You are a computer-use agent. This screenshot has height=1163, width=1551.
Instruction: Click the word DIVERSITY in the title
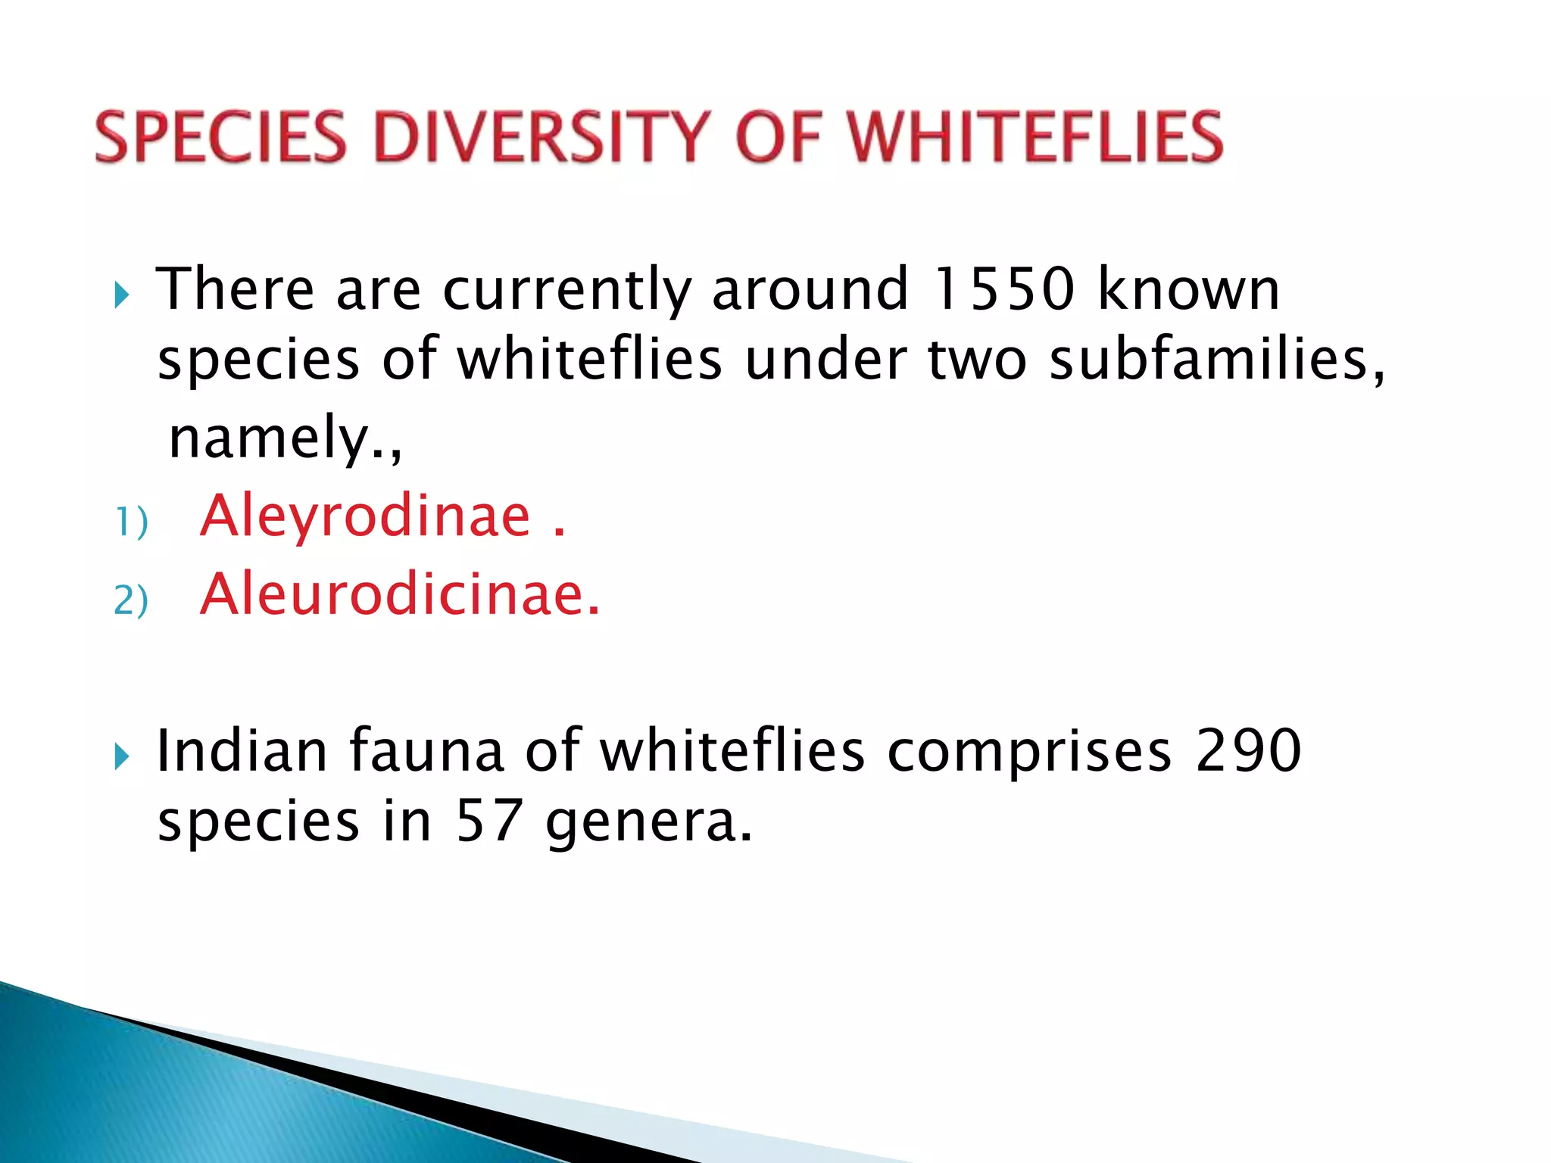(542, 137)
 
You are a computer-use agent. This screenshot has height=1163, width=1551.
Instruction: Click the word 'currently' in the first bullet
(567, 291)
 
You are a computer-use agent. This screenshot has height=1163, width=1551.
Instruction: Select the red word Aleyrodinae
(366, 516)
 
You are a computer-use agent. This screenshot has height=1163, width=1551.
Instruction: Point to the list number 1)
(130, 522)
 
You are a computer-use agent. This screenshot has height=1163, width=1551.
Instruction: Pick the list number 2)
(130, 601)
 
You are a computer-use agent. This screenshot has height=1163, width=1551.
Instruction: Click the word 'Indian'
(242, 751)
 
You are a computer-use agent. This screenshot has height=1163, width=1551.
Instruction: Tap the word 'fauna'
(426, 751)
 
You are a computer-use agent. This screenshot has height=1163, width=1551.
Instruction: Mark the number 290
(1250, 751)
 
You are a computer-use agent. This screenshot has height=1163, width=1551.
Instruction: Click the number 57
(489, 822)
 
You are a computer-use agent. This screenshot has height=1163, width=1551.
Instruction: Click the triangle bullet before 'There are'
(122, 295)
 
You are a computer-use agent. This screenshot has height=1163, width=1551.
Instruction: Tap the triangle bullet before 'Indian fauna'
(122, 756)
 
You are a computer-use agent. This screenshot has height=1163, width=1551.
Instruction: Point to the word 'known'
(1188, 289)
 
